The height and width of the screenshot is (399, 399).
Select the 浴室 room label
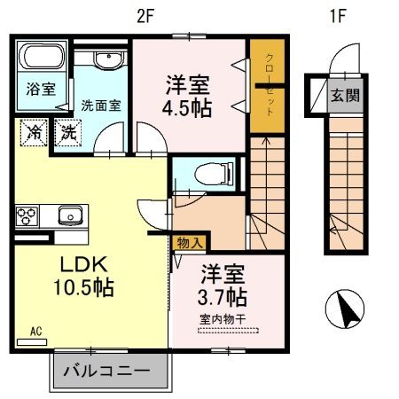click(40, 90)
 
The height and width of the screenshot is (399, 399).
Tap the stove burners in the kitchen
click(27, 215)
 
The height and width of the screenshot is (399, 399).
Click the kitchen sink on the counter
click(69, 215)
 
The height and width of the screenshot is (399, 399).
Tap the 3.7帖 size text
click(223, 295)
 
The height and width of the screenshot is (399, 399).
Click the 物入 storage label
click(189, 242)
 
